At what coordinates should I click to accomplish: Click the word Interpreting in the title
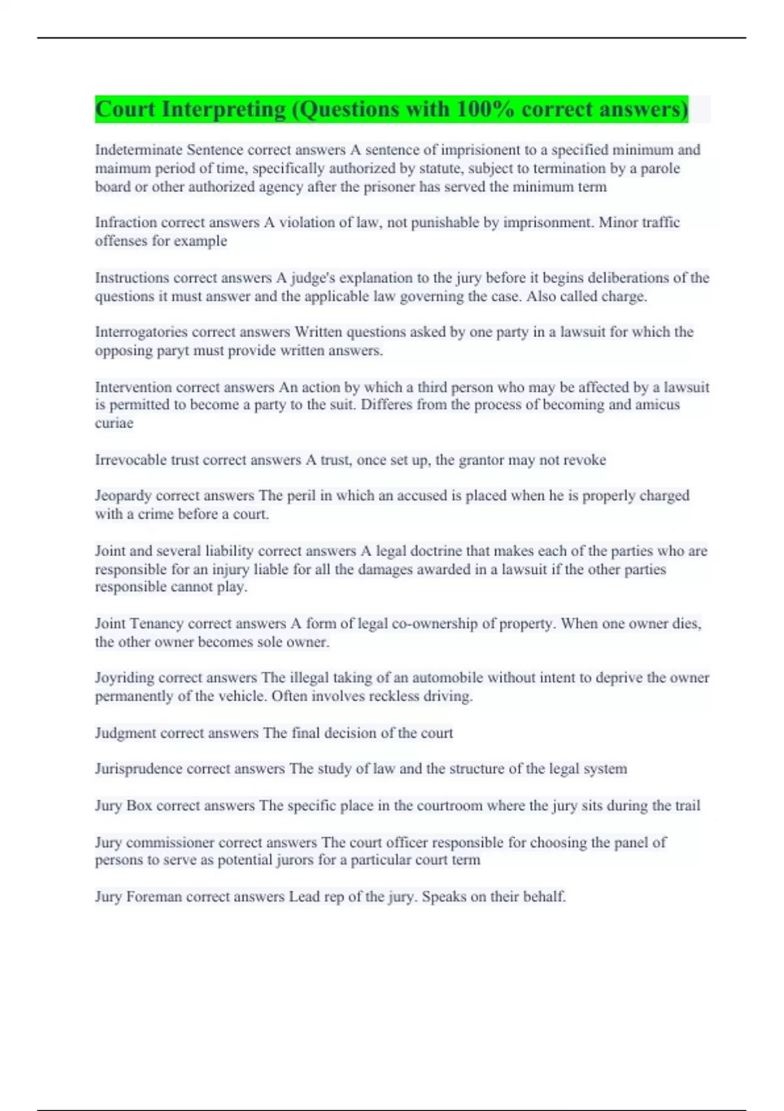point(223,109)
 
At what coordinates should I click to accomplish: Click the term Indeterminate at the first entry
point(139,150)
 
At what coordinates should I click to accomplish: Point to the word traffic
point(657,222)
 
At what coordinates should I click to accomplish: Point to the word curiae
point(114,423)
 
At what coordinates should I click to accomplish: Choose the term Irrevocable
point(131,460)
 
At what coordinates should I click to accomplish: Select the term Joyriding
point(125,678)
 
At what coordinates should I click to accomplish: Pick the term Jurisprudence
point(139,769)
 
